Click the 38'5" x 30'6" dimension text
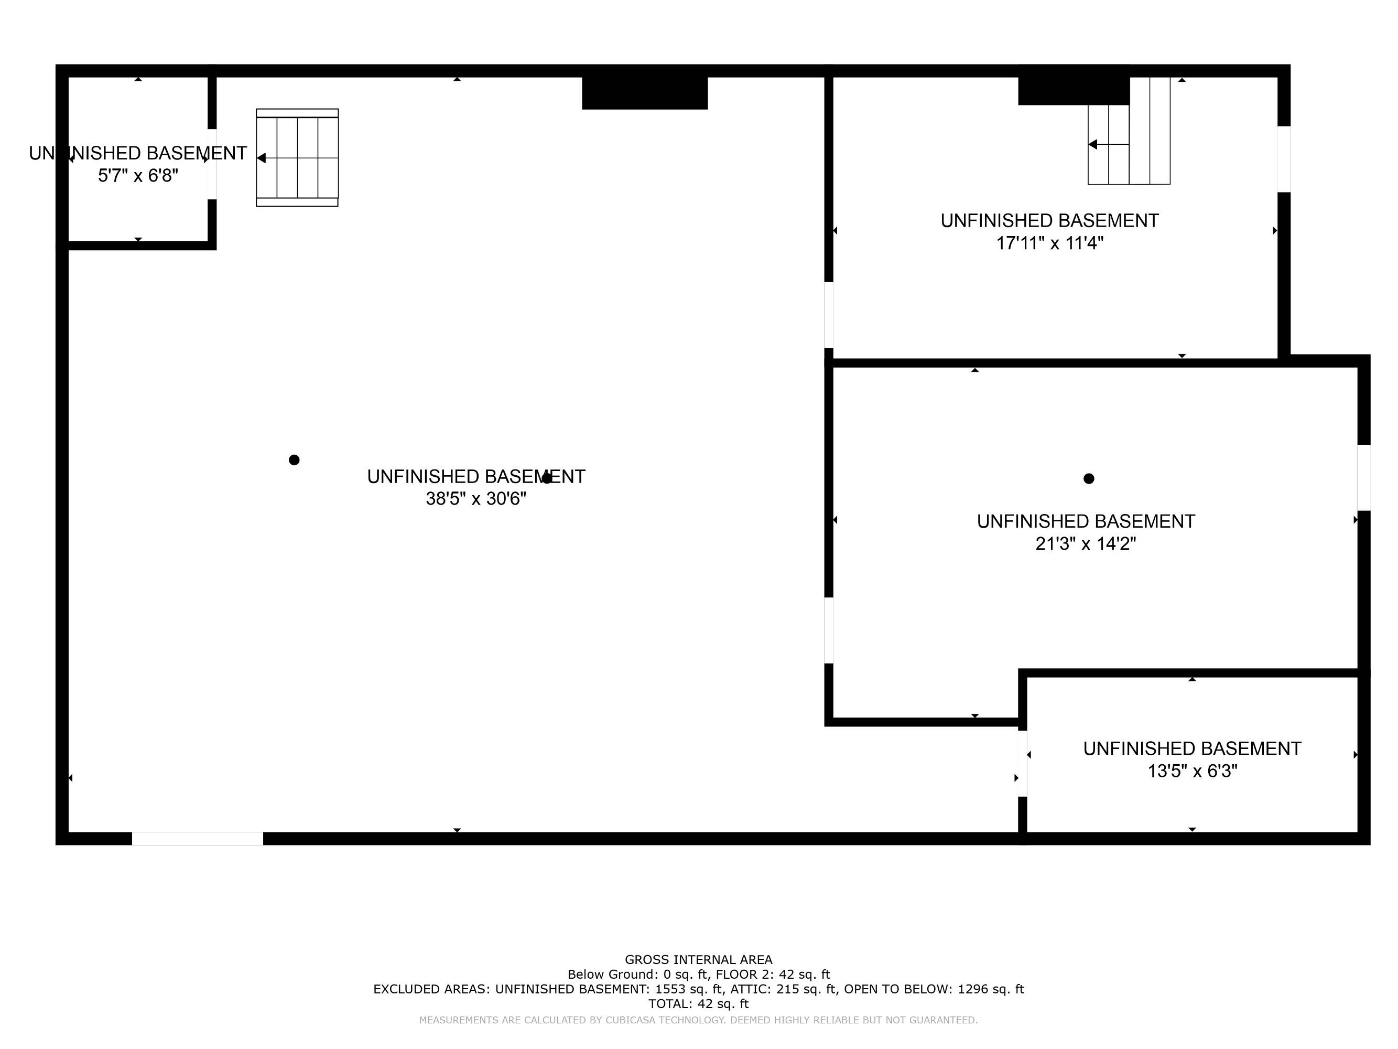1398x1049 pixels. (x=475, y=499)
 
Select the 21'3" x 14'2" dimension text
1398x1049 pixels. (x=1085, y=544)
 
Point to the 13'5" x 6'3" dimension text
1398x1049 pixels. (x=1192, y=772)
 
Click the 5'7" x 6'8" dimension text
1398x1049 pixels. (x=138, y=176)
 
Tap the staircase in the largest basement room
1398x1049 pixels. (x=297, y=157)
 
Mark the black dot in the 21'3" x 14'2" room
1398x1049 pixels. (x=1088, y=479)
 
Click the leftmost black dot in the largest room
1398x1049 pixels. (x=294, y=459)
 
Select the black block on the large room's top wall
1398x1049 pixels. (x=644, y=93)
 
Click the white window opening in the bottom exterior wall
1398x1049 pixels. (x=197, y=839)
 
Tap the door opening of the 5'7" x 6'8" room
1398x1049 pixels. (x=212, y=164)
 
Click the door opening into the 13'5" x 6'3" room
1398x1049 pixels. (x=1022, y=763)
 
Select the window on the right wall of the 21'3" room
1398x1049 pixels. (x=1363, y=477)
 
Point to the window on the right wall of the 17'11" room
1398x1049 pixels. (x=1284, y=159)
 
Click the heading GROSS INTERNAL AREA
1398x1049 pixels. (x=698, y=960)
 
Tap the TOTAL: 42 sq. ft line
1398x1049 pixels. (x=698, y=1003)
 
